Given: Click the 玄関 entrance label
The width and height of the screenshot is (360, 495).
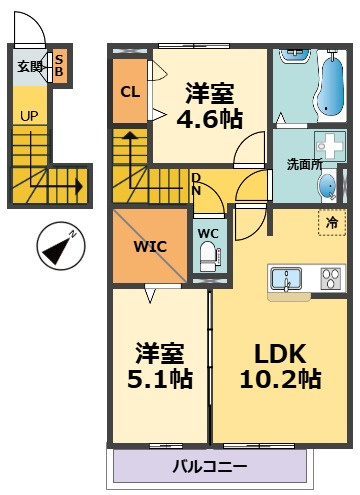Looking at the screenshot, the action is point(30,67).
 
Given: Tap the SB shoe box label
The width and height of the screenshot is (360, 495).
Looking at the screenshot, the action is point(59,66).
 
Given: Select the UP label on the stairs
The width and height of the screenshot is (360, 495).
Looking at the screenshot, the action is point(29,116).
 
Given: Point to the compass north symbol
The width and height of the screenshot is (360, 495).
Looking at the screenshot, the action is point(61,246).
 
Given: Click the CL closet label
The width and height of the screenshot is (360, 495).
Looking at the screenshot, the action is point(130,92).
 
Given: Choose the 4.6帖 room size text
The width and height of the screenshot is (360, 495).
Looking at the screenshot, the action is point(210,119).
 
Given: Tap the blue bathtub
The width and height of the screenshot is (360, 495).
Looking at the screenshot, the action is point(330,85).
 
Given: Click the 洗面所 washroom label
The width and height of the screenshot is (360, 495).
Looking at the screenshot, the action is point(304,164).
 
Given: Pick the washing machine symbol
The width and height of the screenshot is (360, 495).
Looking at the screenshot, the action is point(330,146).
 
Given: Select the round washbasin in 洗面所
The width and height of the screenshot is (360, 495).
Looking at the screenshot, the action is point(327,186).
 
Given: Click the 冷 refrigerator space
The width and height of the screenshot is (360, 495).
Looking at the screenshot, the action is point(332,223).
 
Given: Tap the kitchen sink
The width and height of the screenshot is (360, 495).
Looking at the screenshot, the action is point(286,279).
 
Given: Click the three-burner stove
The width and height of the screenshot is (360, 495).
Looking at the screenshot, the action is point(331,278).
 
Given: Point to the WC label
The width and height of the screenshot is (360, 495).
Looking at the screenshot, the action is point(208,233).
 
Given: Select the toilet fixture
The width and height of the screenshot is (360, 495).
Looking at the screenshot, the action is point(209,256).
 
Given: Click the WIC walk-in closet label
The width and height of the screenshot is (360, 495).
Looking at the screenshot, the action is point(150,247).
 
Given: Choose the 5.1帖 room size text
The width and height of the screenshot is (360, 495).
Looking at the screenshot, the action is point(160,379).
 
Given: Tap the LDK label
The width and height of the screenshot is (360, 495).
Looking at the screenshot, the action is point(280,354).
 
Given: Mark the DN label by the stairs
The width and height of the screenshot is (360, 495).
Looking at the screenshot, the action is point(196,184).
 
